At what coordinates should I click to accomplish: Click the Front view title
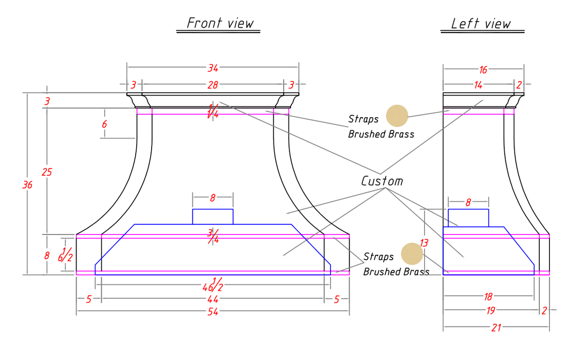click(220, 23)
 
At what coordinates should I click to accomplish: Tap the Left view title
click(481, 24)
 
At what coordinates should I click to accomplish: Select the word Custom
click(382, 181)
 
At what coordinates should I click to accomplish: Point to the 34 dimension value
click(213, 68)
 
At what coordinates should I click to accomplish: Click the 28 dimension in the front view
click(213, 85)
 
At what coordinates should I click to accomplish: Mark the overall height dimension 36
click(27, 185)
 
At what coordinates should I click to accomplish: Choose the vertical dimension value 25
click(47, 172)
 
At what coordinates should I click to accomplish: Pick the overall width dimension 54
click(213, 312)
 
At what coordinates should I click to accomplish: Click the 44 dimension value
click(213, 299)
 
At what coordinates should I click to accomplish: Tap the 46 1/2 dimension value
click(213, 285)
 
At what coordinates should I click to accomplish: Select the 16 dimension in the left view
click(483, 69)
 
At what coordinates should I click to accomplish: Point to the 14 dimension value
click(478, 85)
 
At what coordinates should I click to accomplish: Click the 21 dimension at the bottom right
click(496, 328)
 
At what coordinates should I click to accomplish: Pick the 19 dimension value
click(491, 311)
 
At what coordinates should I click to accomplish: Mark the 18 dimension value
click(488, 297)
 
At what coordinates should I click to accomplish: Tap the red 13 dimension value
click(424, 243)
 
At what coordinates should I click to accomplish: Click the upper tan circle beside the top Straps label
click(397, 116)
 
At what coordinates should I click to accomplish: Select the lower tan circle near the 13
click(412, 254)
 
